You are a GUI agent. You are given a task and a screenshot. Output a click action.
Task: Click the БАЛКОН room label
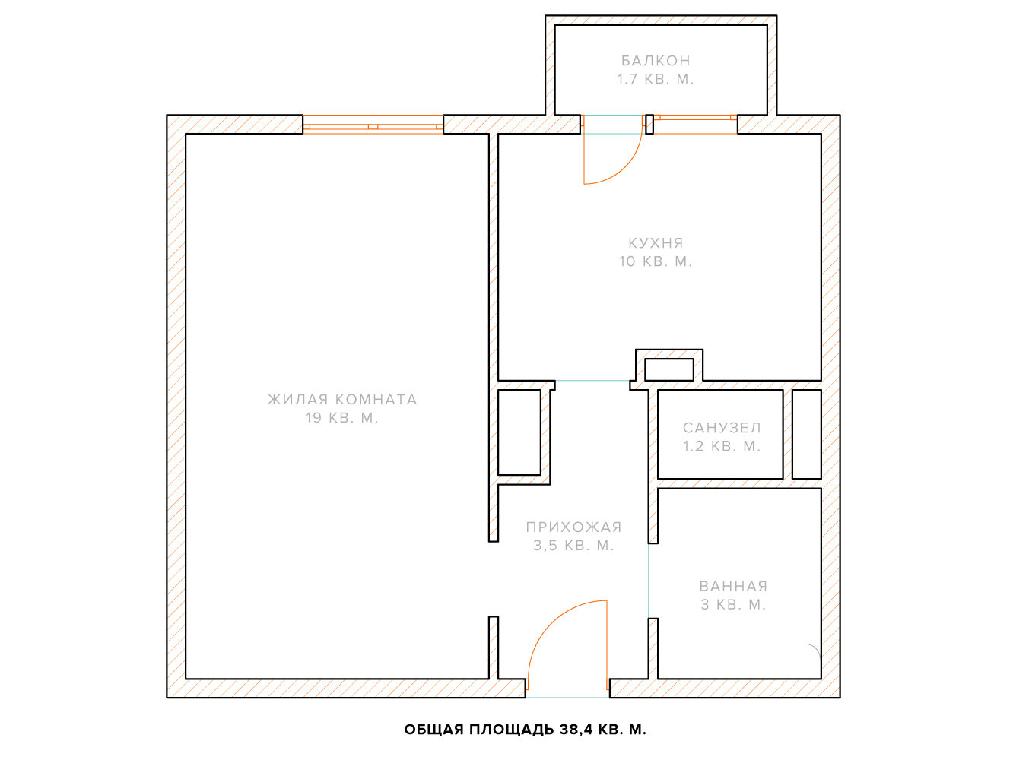coord(656,60)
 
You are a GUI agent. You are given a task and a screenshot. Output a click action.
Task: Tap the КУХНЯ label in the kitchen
coord(656,243)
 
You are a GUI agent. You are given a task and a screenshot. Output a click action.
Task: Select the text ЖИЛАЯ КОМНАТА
coord(342,399)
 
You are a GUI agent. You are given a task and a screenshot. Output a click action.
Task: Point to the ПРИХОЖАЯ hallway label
coord(573,527)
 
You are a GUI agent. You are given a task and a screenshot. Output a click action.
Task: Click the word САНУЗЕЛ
coord(722,428)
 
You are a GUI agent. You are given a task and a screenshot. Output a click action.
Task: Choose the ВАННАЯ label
coord(733,587)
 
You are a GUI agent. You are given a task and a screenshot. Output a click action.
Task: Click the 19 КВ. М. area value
coord(342,418)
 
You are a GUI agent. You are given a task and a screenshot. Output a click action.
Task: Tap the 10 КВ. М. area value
coord(656,261)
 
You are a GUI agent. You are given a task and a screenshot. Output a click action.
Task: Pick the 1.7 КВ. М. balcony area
coord(656,79)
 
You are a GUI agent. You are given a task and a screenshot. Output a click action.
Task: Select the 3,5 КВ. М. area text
coord(573,546)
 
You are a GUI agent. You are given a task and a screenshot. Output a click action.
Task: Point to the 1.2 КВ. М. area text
coord(722,446)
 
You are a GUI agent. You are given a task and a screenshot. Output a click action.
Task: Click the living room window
coord(373,125)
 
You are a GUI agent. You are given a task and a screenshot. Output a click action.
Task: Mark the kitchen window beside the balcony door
coord(695,125)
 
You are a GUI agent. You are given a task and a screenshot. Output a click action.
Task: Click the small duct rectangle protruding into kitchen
coord(669,369)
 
